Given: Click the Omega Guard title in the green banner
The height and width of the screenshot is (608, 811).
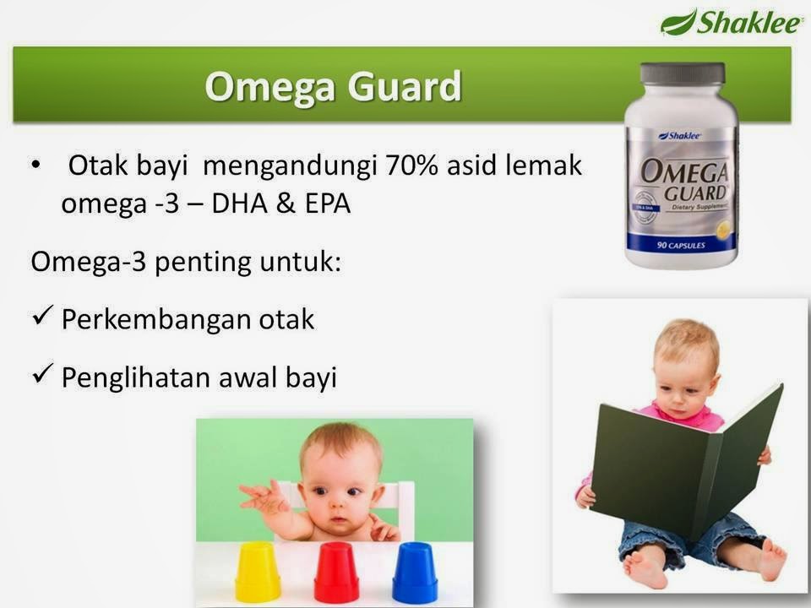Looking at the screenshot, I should (x=334, y=87).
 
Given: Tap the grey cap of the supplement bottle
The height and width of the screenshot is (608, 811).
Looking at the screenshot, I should (x=682, y=73).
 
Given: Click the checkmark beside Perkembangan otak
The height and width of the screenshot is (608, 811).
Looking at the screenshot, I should (x=43, y=319).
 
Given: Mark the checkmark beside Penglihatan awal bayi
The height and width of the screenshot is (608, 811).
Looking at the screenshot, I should (x=43, y=377).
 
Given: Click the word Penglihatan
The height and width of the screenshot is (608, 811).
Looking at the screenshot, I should (x=132, y=377).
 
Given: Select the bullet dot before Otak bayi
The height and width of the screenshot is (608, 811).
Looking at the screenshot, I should (x=35, y=166).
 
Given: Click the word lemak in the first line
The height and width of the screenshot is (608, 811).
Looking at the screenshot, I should (x=550, y=166).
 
